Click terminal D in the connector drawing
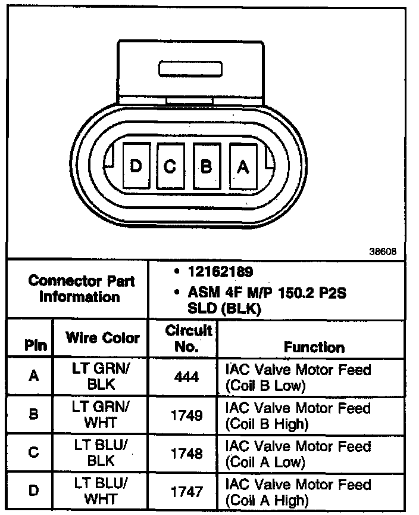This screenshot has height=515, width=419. (136, 166)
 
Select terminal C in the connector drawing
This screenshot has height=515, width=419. (171, 166)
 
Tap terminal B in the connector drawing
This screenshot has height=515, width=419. (206, 166)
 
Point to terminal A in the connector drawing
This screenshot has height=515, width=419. (242, 166)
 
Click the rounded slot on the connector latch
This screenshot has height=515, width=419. (190, 68)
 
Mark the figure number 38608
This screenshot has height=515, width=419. (383, 251)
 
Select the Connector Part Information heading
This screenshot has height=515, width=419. (82, 288)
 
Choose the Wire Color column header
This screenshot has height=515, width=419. (102, 338)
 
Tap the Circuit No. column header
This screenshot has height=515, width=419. (188, 339)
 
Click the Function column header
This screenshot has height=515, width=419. (314, 347)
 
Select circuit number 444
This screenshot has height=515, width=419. (187, 377)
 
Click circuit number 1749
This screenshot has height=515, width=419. (187, 414)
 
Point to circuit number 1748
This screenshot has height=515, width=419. (187, 453)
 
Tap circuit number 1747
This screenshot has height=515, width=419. (187, 492)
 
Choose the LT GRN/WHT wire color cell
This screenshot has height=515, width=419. (101, 414)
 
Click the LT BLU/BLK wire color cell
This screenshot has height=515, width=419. (101, 453)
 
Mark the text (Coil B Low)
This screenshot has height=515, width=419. (265, 386)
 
